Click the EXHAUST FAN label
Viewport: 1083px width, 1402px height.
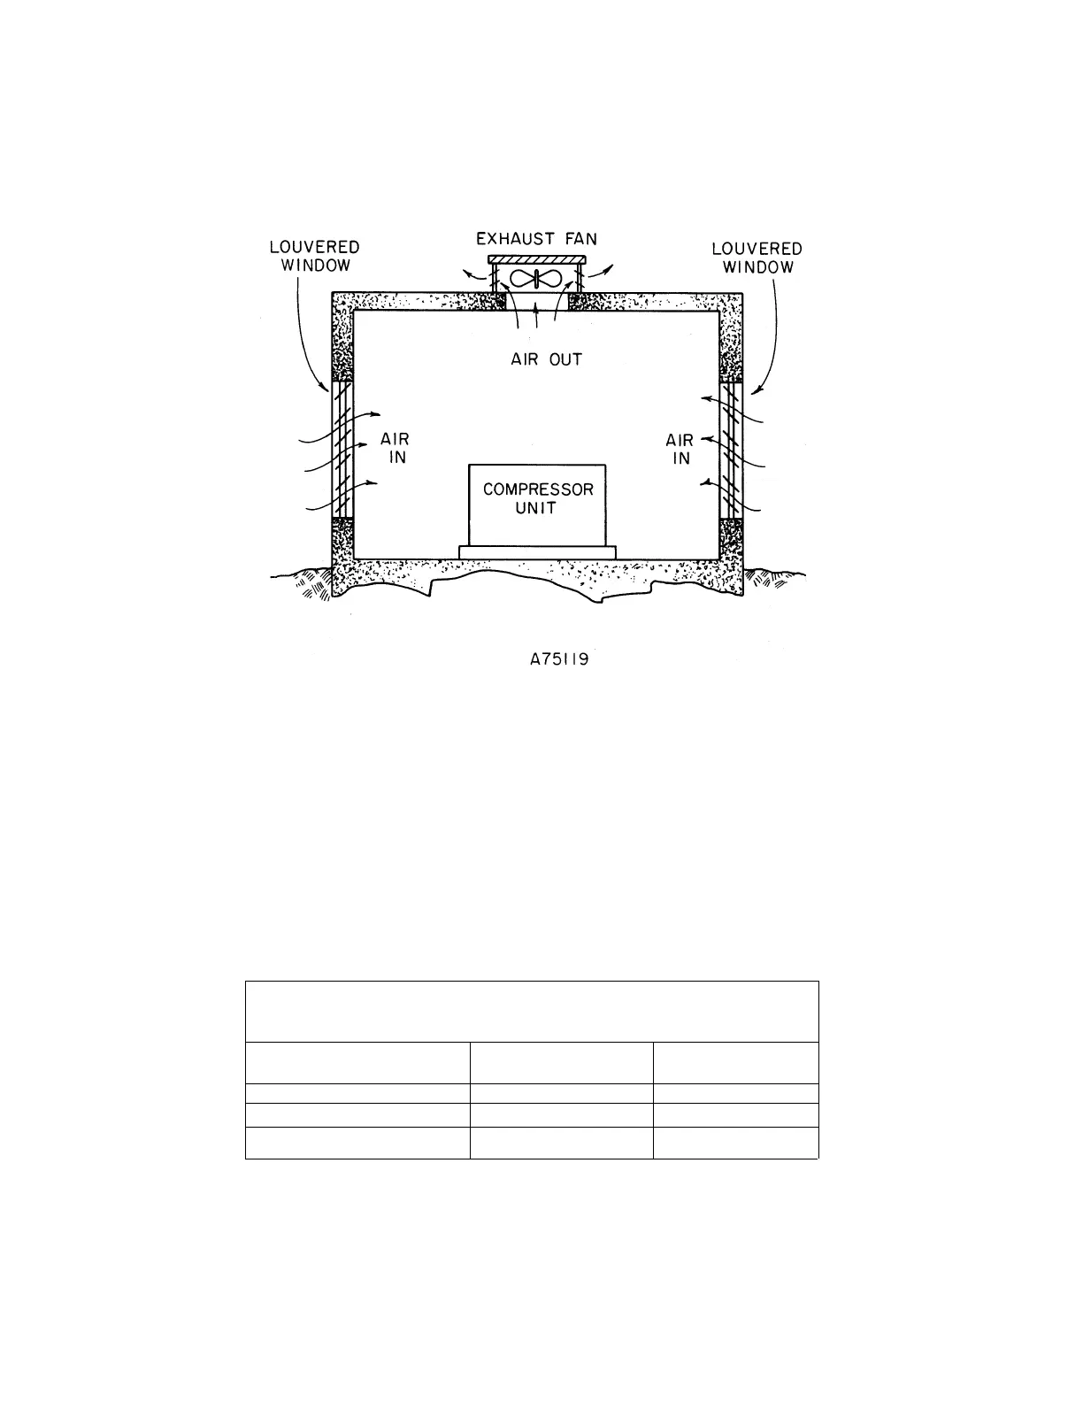click(536, 239)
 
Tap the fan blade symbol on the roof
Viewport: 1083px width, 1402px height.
click(535, 279)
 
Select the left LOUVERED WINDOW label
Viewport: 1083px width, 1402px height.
click(314, 257)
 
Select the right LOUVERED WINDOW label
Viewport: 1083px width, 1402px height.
click(757, 258)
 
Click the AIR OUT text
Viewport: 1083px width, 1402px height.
click(546, 360)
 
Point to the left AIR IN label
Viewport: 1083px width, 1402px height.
click(396, 448)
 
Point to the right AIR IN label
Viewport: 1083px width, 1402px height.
click(680, 449)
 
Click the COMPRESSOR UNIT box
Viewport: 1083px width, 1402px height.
click(537, 505)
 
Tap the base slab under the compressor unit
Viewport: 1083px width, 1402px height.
click(537, 552)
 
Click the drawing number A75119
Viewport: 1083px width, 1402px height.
click(554, 659)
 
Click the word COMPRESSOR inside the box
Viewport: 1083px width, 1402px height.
click(537, 489)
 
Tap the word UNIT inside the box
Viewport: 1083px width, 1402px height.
click(536, 509)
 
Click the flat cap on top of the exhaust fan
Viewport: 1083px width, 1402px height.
click(535, 258)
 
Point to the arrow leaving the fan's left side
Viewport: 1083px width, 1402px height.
click(473, 273)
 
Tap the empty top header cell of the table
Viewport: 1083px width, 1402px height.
click(532, 1012)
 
